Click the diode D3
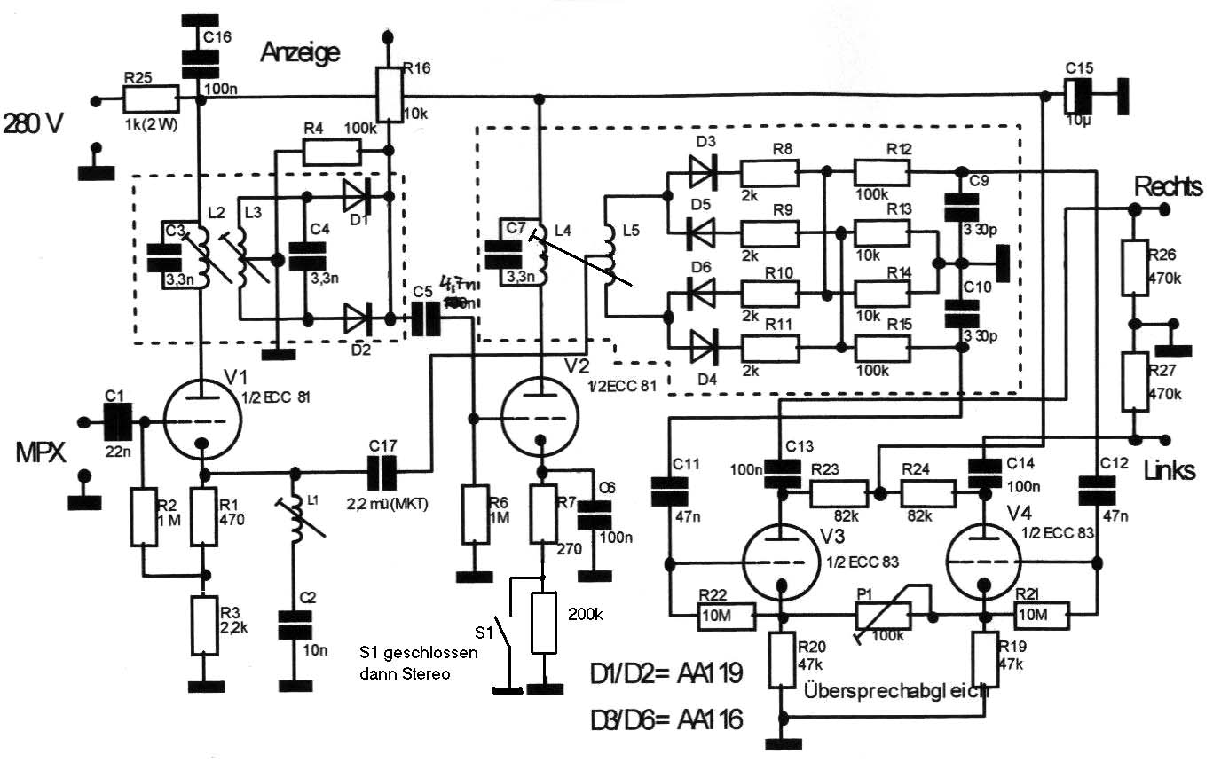(703, 172)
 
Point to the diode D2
(358, 315)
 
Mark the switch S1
(504, 630)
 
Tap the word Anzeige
(300, 53)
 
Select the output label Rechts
(1167, 187)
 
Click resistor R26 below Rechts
(1134, 268)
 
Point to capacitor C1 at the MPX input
(117, 421)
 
